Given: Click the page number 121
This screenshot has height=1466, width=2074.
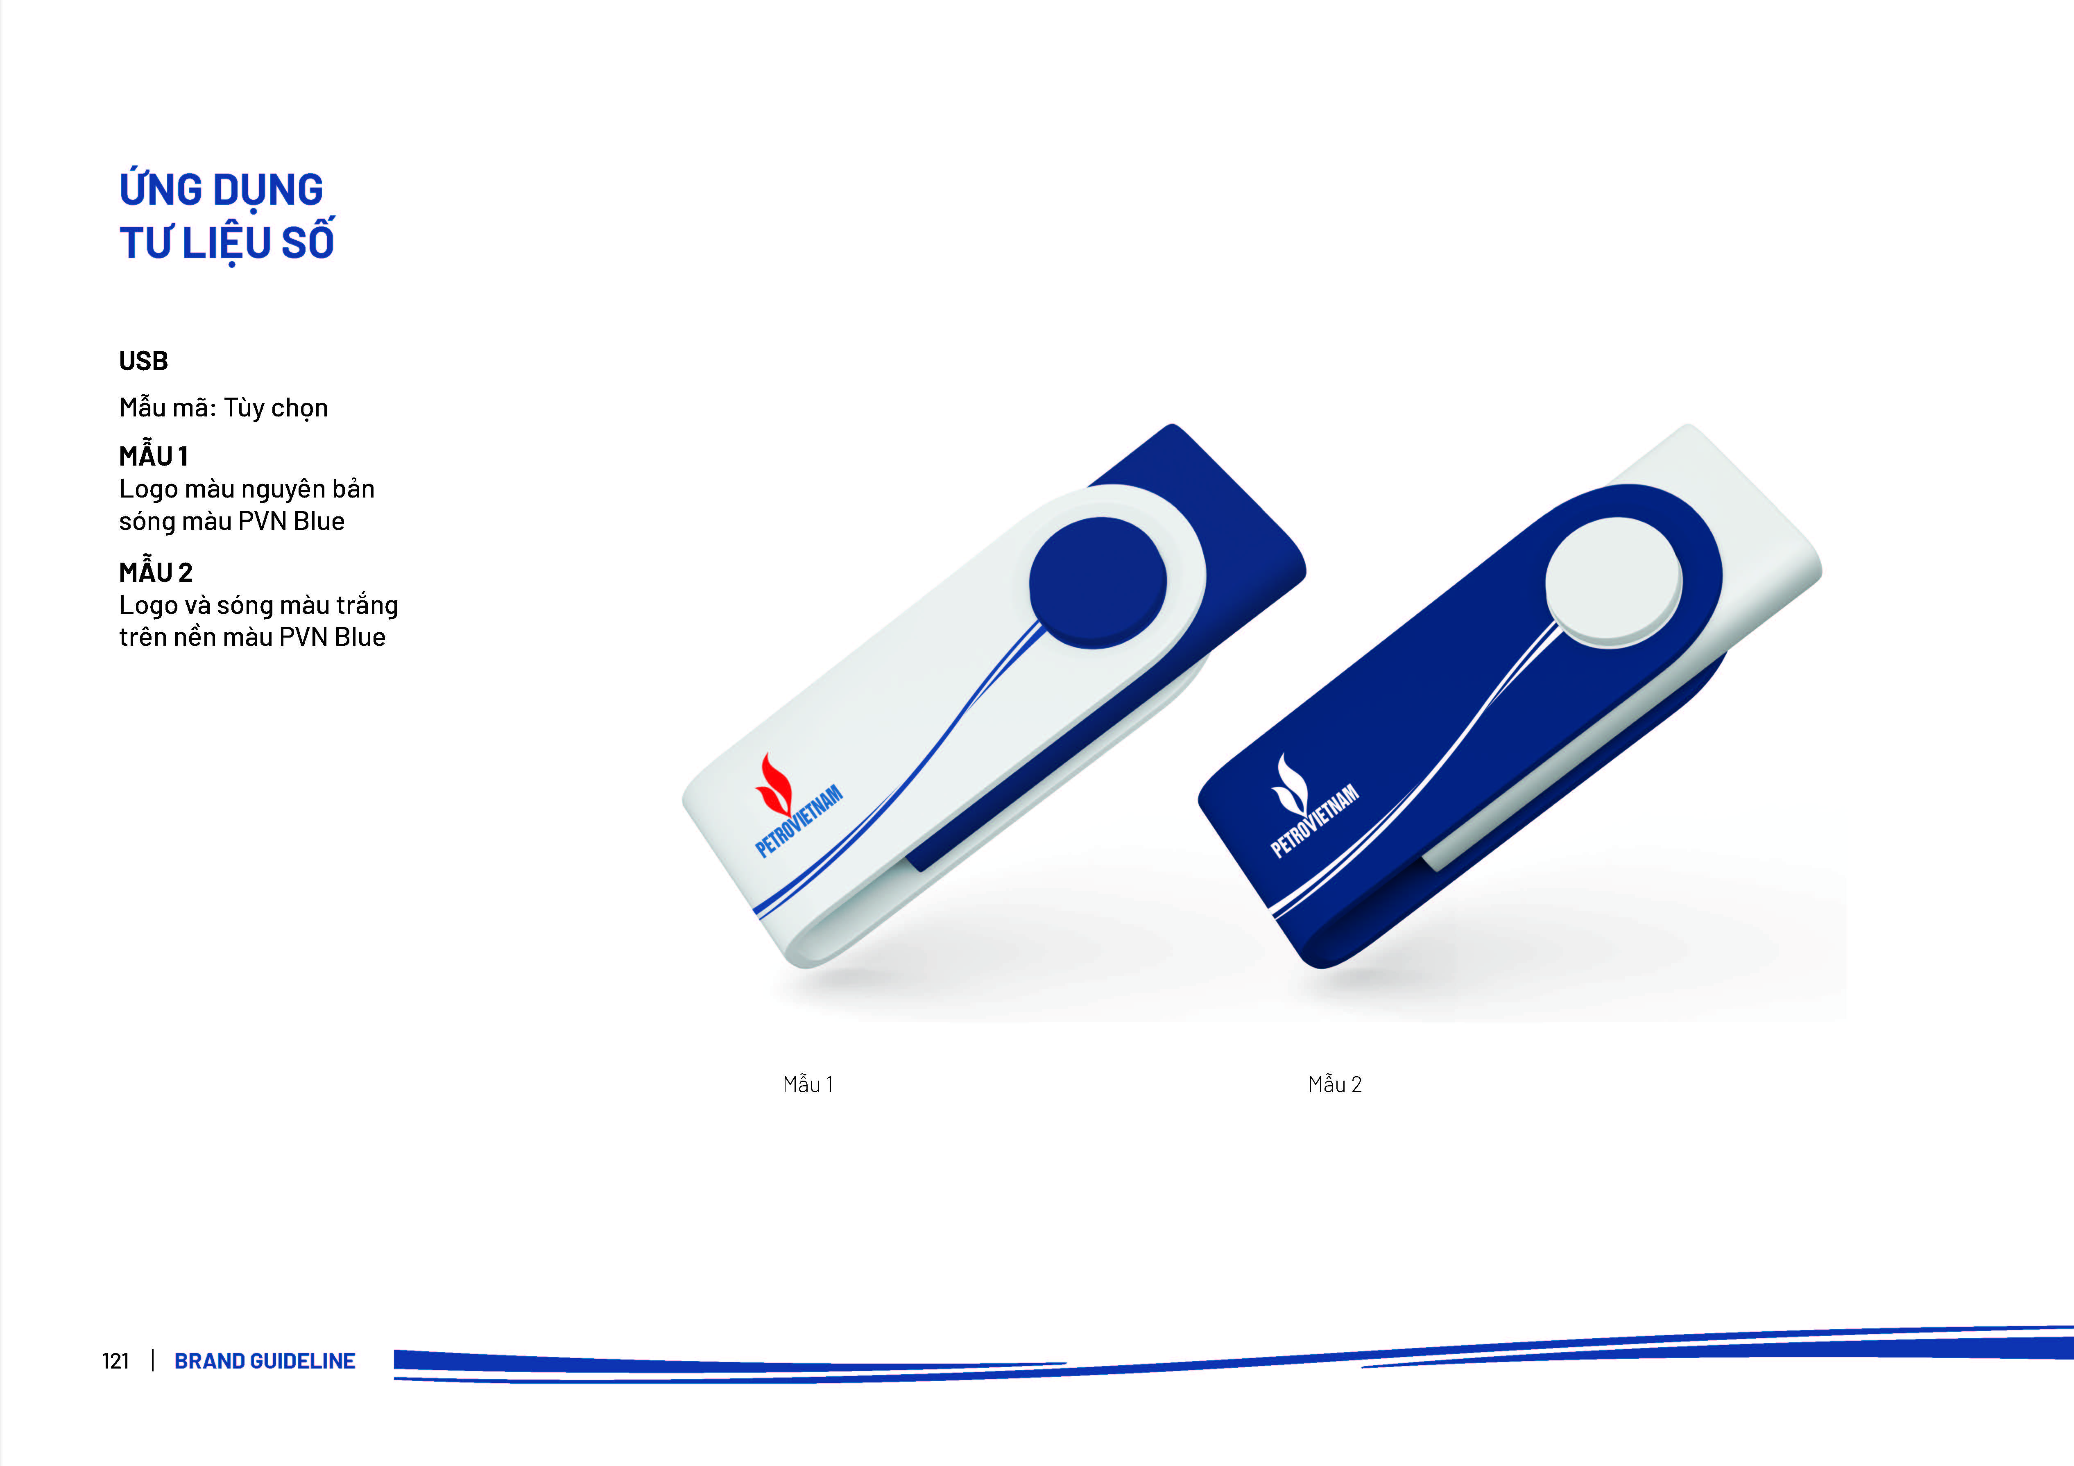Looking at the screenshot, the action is (115, 1361).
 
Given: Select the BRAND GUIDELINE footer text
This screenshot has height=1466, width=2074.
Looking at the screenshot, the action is (265, 1361).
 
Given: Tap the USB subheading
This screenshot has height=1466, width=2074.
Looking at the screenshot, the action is (144, 361).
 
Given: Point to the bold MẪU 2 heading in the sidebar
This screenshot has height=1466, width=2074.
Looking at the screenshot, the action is (155, 571).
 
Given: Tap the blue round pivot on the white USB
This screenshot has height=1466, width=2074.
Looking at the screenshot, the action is (1098, 583).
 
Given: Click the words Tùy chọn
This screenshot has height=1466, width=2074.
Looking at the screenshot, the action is (276, 408).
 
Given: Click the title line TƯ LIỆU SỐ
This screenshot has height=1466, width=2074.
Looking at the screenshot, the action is (227, 240).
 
